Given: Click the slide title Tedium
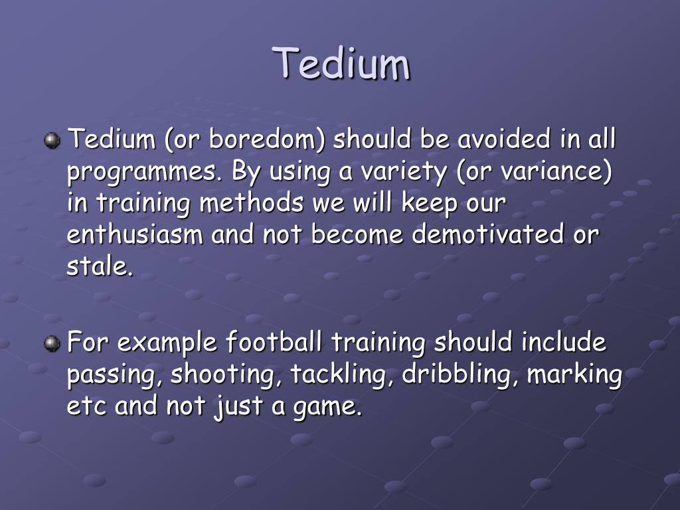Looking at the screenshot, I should click(343, 64).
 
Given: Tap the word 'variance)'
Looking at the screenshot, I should click(556, 171).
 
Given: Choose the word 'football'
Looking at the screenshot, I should click(274, 343).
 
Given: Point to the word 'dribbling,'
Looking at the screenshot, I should click(457, 375).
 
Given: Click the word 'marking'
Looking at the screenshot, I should click(574, 375).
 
